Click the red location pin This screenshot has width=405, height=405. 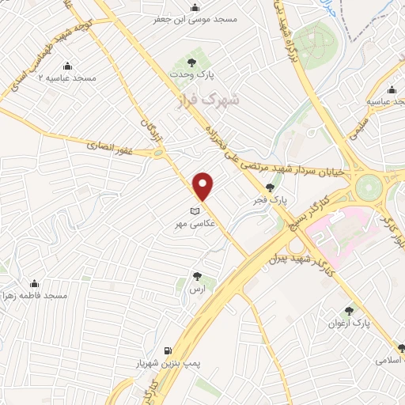[204, 186]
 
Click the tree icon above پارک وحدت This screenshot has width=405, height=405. [191, 60]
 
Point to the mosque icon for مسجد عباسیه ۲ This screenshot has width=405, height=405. [68, 66]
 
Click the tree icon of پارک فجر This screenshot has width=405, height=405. [271, 187]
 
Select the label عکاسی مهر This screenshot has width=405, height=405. [194, 225]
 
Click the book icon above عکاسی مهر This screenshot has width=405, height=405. [195, 211]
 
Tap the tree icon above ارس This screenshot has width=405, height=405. [197, 276]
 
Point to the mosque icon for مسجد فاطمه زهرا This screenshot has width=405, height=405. [34, 283]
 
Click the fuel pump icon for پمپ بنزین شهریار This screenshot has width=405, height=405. [167, 350]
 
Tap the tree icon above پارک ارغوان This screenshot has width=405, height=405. [349, 311]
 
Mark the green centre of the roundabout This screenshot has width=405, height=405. [368, 187]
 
